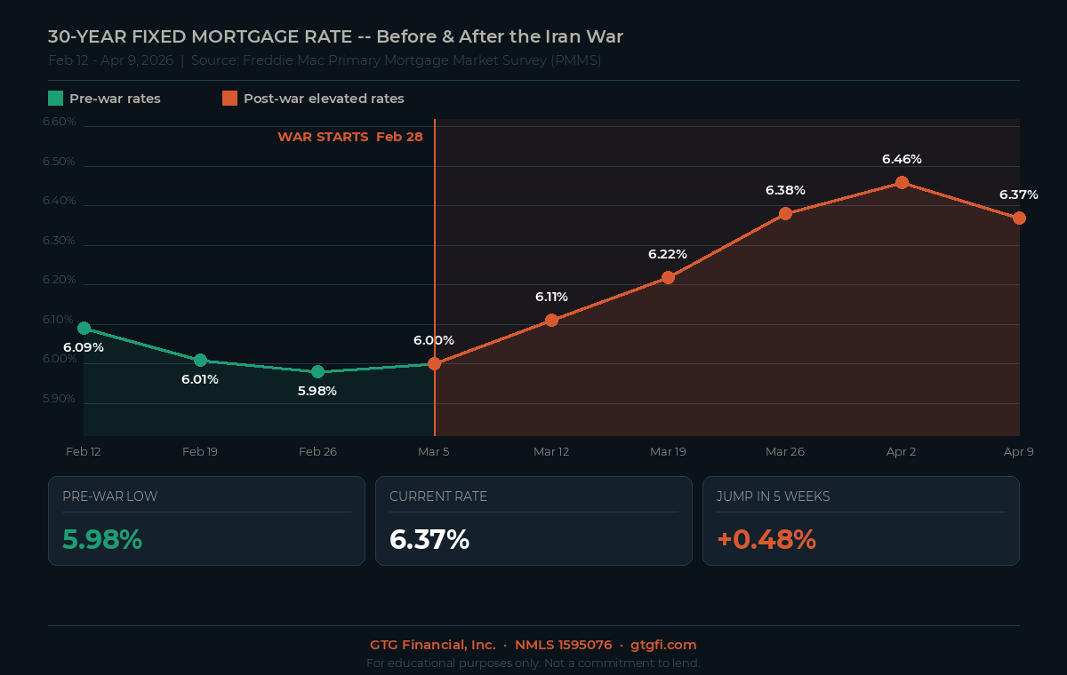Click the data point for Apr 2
pyautogui.click(x=902, y=183)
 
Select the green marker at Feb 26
pyautogui.click(x=317, y=371)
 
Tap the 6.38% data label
pyautogui.click(x=785, y=190)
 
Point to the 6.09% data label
pyautogui.click(x=84, y=347)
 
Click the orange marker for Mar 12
pyautogui.click(x=551, y=320)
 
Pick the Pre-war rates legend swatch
pyautogui.click(x=55, y=99)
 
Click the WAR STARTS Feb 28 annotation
pyautogui.click(x=350, y=137)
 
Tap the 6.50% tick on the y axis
pyautogui.click(x=60, y=162)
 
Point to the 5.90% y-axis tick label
pyautogui.click(x=60, y=399)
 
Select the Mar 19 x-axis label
pyautogui.click(x=668, y=451)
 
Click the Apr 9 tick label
pyautogui.click(x=1018, y=451)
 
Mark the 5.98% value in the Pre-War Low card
pyautogui.click(x=102, y=539)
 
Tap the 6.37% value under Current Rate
pyautogui.click(x=429, y=539)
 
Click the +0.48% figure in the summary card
pyautogui.click(x=766, y=539)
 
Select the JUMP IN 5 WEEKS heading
pyautogui.click(x=773, y=496)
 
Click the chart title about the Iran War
pyautogui.click(x=335, y=36)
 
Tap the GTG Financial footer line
pyautogui.click(x=533, y=645)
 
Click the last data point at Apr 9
pyautogui.click(x=1019, y=218)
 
